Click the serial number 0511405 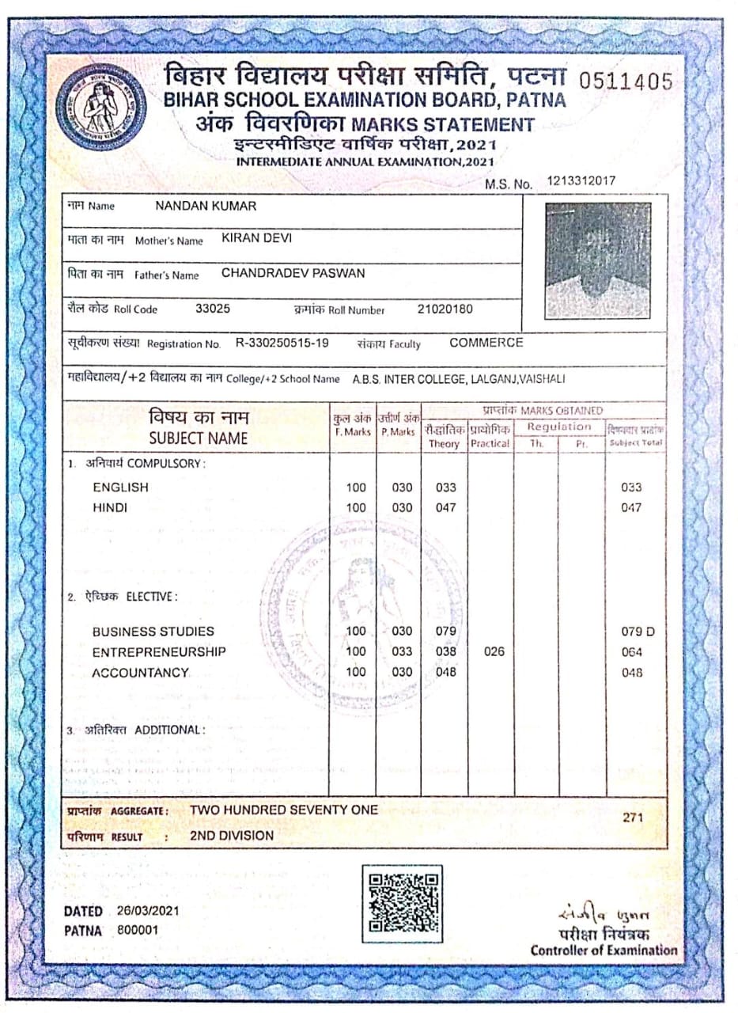pos(626,81)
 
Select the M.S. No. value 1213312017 pos(581,182)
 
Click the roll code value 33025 pos(213,309)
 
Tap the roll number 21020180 pos(445,309)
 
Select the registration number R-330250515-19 pos(282,343)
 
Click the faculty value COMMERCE pos(486,343)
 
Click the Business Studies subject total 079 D pos(638,632)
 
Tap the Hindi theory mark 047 pos(446,508)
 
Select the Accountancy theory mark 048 pos(447,673)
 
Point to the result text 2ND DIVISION pos(232,835)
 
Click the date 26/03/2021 pos(147,911)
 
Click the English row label pos(120,488)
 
